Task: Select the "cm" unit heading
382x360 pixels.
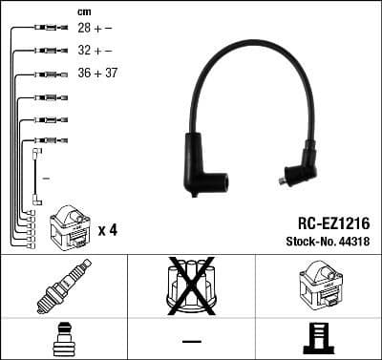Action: pos(84,11)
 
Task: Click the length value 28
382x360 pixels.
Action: pos(84,29)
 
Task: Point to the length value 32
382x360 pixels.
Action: pos(84,51)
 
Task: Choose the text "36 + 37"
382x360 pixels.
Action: pos(97,73)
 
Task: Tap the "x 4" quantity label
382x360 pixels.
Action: pos(107,230)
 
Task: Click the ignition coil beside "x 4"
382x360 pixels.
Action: pos(68,225)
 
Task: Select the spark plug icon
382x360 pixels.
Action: pos(63,286)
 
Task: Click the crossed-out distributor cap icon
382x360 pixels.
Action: pos(191,286)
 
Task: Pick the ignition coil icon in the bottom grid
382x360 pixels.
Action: pos(318,286)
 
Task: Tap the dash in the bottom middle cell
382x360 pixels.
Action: pos(191,339)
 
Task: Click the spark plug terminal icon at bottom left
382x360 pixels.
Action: pos(63,339)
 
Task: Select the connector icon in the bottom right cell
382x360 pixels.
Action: pos(318,339)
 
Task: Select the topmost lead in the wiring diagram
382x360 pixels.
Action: pos(43,30)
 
